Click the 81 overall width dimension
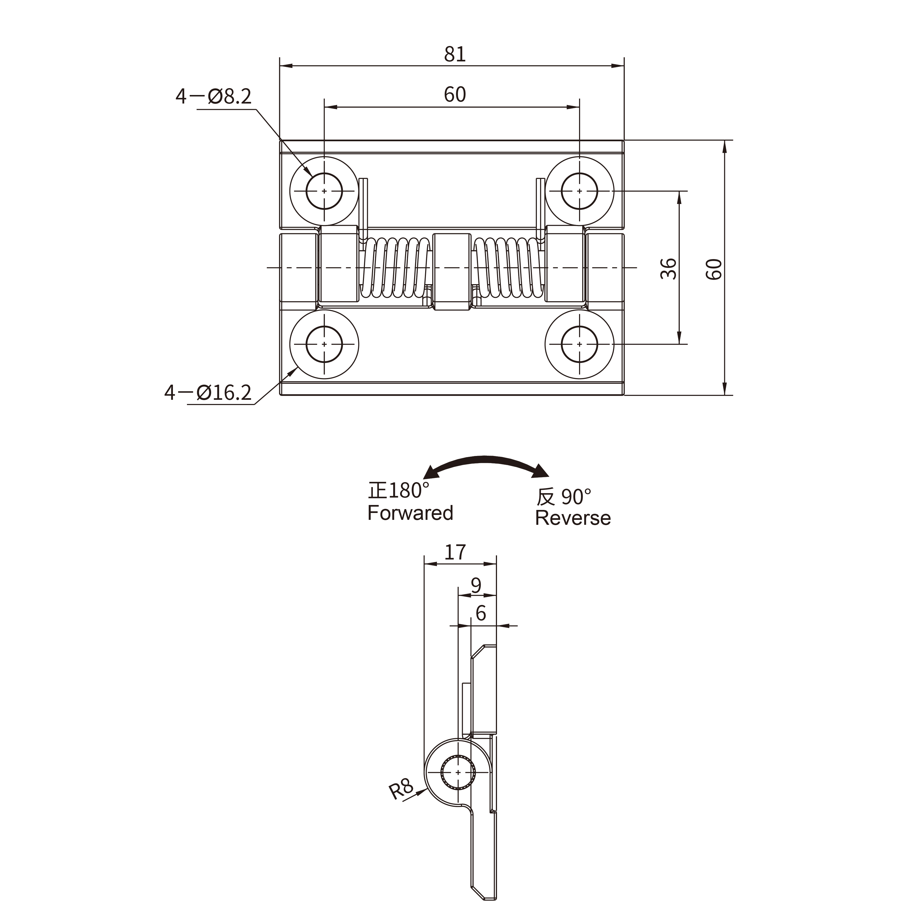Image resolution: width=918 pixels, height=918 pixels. tap(455, 54)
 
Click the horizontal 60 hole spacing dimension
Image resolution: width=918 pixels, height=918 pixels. tap(455, 94)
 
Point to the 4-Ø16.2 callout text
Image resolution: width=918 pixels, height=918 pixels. tap(208, 392)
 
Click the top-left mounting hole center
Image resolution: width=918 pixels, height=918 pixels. tap(324, 191)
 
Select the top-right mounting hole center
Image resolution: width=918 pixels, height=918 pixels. tap(579, 191)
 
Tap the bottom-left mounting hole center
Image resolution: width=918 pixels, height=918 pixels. tap(324, 344)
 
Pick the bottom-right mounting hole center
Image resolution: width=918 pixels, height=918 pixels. tap(579, 344)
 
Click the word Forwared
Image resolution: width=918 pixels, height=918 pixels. tap(410, 513)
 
